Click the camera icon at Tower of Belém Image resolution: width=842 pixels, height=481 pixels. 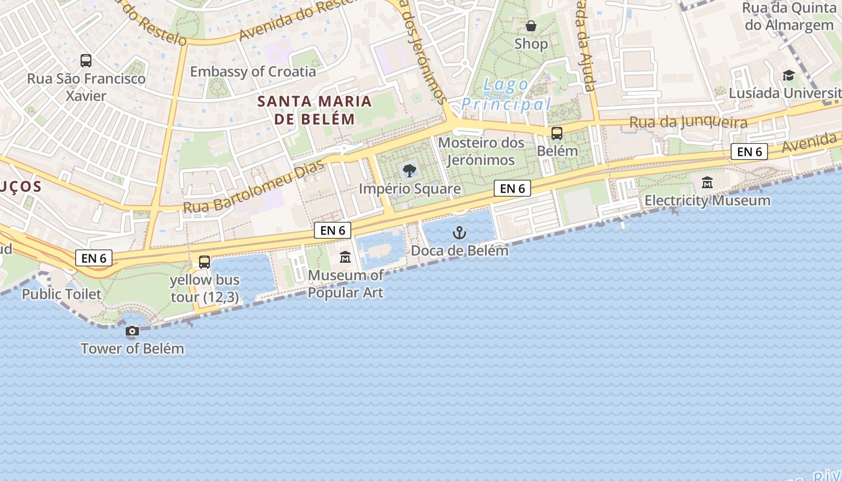point(132,331)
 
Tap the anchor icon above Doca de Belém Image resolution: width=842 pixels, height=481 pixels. point(459,232)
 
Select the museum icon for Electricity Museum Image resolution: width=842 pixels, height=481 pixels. point(707,182)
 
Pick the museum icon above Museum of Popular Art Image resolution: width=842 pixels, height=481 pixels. point(345,257)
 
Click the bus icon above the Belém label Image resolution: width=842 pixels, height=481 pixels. point(557,133)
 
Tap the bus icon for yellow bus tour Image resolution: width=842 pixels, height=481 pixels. point(204,262)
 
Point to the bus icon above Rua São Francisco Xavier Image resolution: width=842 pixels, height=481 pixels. point(86,61)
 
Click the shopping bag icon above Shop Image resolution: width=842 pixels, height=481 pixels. point(531,26)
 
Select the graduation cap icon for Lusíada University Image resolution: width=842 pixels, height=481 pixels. point(788,75)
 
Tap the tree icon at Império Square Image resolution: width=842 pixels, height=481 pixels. point(410,170)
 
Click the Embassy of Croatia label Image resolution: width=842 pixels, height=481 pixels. point(253,72)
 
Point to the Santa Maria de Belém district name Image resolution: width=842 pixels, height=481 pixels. point(315,109)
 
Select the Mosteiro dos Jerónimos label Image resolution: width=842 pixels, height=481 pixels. point(481,152)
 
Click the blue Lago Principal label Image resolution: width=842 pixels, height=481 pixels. point(506,94)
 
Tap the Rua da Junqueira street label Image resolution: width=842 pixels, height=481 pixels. point(688,123)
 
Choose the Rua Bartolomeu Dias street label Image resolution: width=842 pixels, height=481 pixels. point(253,187)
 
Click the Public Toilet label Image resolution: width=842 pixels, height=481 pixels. point(62,294)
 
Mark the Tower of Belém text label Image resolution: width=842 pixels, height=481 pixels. point(132,348)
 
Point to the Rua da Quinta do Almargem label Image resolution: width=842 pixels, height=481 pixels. point(788,16)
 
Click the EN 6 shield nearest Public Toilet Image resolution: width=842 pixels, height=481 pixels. point(94,258)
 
